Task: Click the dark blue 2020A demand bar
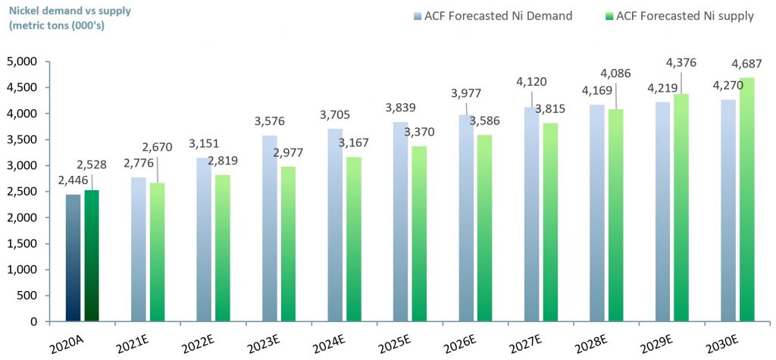73,258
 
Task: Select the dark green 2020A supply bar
92,255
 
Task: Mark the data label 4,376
679,62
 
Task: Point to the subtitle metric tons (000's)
58,26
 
